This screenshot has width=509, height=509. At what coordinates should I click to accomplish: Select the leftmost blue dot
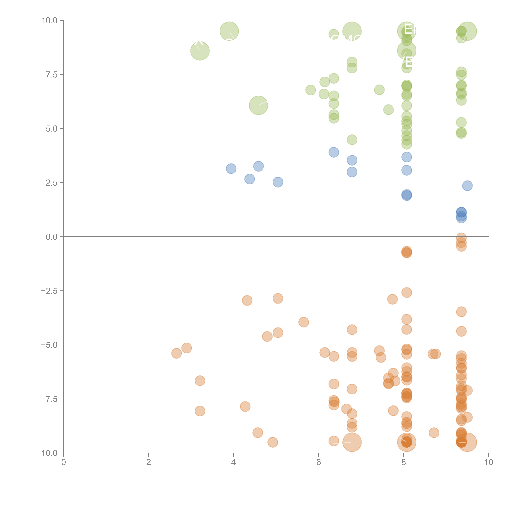click(x=231, y=169)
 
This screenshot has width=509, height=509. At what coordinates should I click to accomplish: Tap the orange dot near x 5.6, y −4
click(x=304, y=322)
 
